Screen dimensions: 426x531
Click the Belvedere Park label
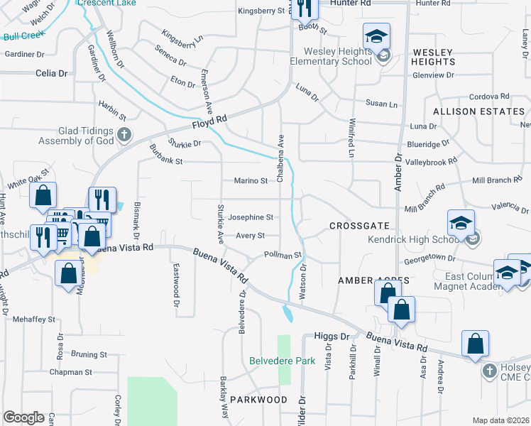coord(282,361)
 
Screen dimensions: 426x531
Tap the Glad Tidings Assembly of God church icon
coord(124,135)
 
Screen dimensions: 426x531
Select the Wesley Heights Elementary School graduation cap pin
coord(377,36)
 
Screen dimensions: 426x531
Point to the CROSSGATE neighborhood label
coord(359,226)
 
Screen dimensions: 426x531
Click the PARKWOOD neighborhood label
coord(258,400)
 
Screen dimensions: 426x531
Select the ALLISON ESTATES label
coord(478,111)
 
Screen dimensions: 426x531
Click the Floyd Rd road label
coord(212,124)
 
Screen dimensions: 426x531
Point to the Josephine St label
coord(251,217)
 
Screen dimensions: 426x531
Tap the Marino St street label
coord(251,180)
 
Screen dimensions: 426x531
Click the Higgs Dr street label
coord(332,337)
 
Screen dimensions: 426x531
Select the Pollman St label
coord(283,254)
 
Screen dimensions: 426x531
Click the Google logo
coord(23,417)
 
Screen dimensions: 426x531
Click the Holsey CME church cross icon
coord(489,371)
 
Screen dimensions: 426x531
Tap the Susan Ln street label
coord(382,104)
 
